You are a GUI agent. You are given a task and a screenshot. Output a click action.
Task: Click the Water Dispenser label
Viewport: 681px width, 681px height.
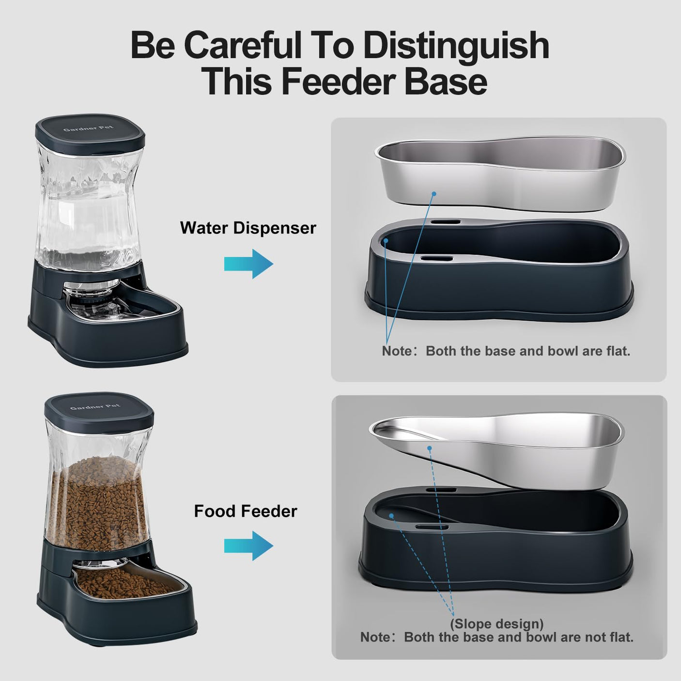pos(248,228)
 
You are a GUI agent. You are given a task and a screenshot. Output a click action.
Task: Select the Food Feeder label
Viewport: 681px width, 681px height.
pos(245,511)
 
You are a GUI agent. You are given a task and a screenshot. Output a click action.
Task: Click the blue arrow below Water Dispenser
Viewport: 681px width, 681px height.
pos(248,264)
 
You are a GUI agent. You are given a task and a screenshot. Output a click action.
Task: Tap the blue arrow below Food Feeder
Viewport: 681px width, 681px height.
pos(248,546)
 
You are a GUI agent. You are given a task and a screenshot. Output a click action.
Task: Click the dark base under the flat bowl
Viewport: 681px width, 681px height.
pos(499,291)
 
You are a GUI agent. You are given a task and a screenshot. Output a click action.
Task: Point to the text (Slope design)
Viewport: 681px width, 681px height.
pos(496,623)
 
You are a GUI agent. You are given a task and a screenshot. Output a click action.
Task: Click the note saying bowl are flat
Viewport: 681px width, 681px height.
pos(506,351)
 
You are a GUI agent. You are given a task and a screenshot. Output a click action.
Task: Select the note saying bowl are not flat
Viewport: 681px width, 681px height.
pos(496,637)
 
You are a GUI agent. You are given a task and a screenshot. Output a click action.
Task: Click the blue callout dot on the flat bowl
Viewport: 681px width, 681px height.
pos(434,194)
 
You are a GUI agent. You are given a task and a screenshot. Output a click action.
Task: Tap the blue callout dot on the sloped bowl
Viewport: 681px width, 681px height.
pos(429,449)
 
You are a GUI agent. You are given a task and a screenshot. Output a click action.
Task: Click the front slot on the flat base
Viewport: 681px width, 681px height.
pos(436,259)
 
